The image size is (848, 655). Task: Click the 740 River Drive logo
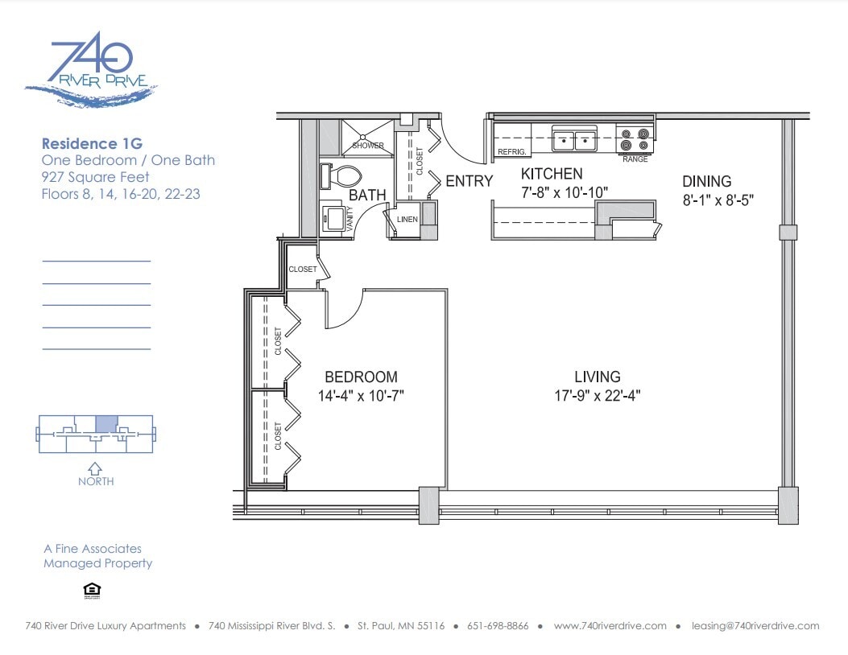tap(91, 69)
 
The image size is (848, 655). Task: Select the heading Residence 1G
tap(92, 144)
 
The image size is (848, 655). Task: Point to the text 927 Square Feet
tap(95, 177)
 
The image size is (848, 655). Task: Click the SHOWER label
tap(368, 146)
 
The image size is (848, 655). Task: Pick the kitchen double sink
tap(574, 139)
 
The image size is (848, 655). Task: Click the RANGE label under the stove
tap(635, 159)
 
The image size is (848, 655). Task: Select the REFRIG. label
tap(511, 152)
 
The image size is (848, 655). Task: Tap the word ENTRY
tap(469, 181)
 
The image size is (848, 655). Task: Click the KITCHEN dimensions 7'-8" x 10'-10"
tap(564, 193)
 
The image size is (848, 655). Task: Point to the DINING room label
tap(706, 182)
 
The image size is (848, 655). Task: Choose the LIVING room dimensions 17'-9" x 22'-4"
tap(597, 396)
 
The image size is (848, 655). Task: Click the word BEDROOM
tap(361, 377)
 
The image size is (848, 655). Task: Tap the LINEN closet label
tap(407, 220)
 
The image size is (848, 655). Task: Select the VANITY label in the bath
tap(350, 218)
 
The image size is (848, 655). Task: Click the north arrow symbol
tap(95, 468)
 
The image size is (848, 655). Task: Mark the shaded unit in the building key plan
tap(106, 424)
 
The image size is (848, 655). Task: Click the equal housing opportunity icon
tap(93, 591)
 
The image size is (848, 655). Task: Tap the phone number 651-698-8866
tap(498, 626)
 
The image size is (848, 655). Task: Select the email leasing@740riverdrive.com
tap(755, 626)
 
